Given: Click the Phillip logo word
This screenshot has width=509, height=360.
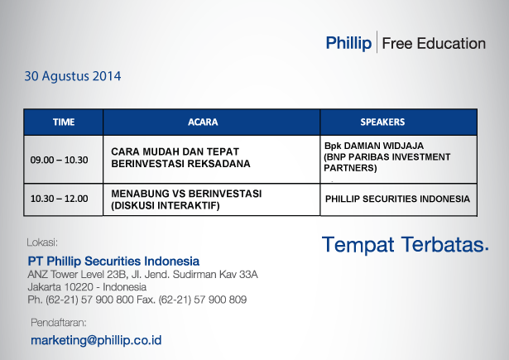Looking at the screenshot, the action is point(348,43).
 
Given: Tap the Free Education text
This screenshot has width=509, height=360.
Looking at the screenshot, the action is point(434,44).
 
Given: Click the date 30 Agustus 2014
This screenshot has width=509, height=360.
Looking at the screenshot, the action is point(73,76).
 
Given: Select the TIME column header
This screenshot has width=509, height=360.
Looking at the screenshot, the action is point(64,122).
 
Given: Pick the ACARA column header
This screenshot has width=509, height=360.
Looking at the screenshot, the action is point(203,122).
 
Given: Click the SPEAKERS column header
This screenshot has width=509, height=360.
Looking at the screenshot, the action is point(382,122).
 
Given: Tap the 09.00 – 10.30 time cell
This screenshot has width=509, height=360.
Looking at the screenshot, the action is point(59,160).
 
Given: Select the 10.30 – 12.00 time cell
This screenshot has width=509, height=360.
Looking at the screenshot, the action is point(59,199).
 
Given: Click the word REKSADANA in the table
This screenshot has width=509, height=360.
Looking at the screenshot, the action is point(218,164).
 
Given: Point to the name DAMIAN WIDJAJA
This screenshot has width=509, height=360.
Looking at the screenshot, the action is point(384,146).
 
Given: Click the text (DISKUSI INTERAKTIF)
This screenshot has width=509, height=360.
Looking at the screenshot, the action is point(166,205).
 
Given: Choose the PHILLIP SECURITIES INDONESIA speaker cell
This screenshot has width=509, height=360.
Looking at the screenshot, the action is point(397,199).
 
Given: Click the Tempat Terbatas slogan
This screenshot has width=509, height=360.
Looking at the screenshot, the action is point(405,244).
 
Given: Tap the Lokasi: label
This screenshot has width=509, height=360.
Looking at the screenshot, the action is point(42,242).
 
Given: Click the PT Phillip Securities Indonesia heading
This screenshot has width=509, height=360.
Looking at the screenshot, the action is point(113,261).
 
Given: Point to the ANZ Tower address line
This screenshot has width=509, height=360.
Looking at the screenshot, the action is point(143,275).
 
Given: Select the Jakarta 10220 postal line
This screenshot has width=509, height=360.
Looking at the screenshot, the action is point(87,287).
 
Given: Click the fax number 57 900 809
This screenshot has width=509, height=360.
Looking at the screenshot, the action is point(220,300).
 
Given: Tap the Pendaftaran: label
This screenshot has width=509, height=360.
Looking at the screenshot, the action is point(59,323).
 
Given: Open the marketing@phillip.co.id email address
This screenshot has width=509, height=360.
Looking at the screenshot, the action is point(96,340).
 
